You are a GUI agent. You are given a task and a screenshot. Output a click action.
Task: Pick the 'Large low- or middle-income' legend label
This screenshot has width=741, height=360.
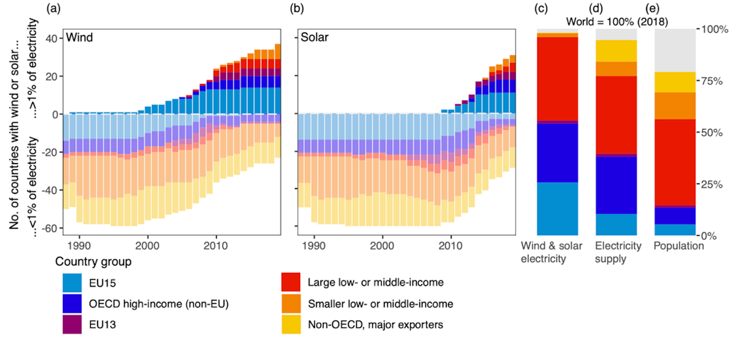coord(374,283)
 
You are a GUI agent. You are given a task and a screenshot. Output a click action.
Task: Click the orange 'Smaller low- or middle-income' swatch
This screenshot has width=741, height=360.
coord(291,303)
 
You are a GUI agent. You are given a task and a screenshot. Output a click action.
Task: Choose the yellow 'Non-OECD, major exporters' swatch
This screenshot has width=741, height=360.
coord(291,324)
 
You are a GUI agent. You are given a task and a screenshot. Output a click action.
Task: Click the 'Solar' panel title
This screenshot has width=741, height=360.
coord(314,38)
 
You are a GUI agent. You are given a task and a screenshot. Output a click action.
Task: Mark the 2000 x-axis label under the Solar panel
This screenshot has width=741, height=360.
coord(382,245)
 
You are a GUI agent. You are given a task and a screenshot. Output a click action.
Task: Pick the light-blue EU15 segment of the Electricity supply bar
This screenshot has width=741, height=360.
coord(616,224)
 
